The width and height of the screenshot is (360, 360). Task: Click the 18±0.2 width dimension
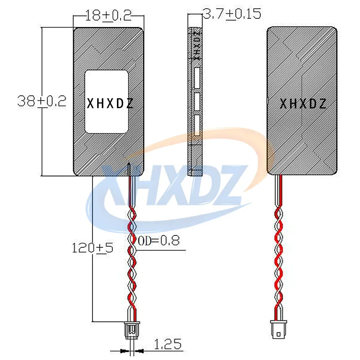[x=108, y=15]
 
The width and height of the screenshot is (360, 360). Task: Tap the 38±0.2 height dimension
[x=42, y=101]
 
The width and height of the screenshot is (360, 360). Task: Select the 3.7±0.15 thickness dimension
[x=232, y=14]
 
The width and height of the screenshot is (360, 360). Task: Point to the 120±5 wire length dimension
[x=93, y=248]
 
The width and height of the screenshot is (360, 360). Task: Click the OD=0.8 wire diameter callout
[x=159, y=240]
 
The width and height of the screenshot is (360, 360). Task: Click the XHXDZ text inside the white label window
[x=110, y=104]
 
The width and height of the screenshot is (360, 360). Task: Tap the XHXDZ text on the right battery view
[x=303, y=104]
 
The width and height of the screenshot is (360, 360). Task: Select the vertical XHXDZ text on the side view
[x=197, y=46]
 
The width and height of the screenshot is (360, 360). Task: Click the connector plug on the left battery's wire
[x=132, y=330]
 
